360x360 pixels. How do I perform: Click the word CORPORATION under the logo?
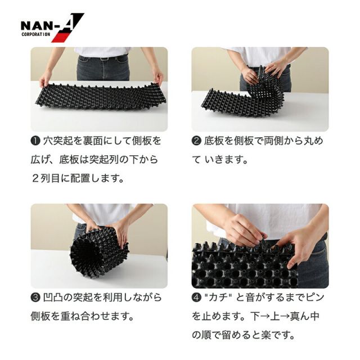[x=36, y=34]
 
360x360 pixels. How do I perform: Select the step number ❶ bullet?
[x=35, y=141]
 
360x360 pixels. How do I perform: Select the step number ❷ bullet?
[x=196, y=141]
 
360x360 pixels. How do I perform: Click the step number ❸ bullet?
[x=35, y=298]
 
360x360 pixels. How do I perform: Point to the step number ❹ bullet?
[x=196, y=298]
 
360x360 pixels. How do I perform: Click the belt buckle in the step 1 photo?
[x=104, y=58]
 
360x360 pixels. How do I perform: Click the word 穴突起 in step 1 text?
[x=57, y=141]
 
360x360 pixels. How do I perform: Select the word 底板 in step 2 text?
[x=214, y=141]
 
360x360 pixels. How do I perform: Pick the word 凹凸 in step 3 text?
[x=53, y=298]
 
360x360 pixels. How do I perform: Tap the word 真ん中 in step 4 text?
[x=305, y=316]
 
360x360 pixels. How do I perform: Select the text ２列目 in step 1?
[x=46, y=178]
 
